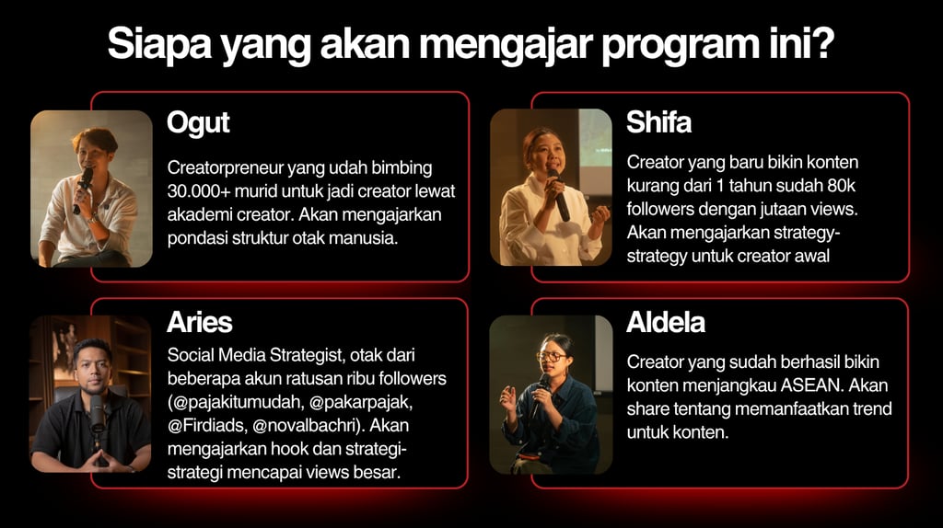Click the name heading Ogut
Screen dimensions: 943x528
point(198,124)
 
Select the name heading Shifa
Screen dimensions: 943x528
point(658,122)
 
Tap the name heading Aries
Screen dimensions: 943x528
point(200,323)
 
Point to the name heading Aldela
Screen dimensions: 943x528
point(665,323)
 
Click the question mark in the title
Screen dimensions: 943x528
point(822,43)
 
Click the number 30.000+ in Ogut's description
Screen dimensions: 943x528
point(198,191)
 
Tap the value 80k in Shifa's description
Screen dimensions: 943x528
point(841,186)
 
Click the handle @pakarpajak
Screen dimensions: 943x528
point(361,403)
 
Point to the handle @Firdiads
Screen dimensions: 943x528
point(207,426)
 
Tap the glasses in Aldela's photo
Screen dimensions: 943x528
point(551,357)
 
